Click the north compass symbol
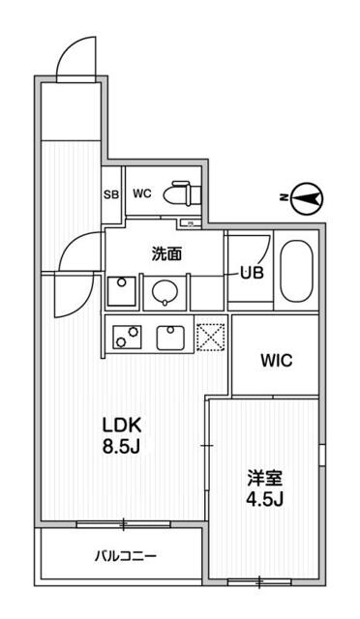point(307,198)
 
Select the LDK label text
point(123,424)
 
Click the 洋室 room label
point(262,477)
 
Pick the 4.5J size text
point(262,500)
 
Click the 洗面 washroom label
point(166,254)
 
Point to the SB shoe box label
point(111,192)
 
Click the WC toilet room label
point(142,192)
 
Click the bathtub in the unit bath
point(295,272)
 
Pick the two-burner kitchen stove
point(125,336)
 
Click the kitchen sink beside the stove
point(171,336)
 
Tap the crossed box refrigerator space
point(211,336)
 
